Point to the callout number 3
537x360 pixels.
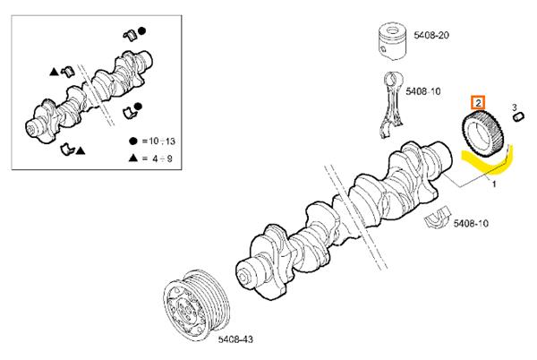516,107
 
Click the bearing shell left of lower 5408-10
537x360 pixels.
439,219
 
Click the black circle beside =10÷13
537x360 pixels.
132,141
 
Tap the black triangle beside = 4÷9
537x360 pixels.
132,157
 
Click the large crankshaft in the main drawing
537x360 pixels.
349,215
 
